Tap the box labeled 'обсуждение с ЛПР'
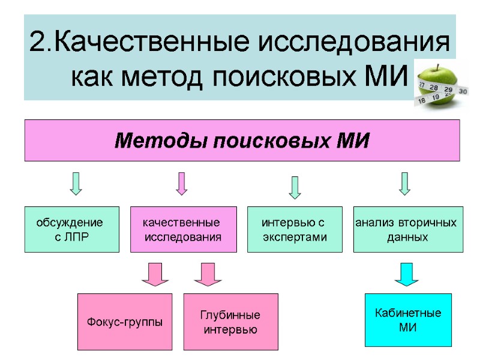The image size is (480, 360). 71,230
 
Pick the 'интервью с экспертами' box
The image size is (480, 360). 295,230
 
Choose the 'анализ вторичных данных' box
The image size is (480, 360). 408,230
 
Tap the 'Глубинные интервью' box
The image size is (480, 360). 230,322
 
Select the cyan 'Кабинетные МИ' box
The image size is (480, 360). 408,320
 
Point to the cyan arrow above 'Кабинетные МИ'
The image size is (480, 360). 406,274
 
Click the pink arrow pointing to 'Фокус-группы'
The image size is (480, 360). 155,274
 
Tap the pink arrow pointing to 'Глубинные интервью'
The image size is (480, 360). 208,274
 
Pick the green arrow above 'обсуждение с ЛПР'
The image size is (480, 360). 76,184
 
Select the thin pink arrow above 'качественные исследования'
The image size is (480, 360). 181,184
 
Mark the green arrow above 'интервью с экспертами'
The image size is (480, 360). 295,187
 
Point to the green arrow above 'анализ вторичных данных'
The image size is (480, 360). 404,184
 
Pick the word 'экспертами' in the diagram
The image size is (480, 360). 295,237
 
